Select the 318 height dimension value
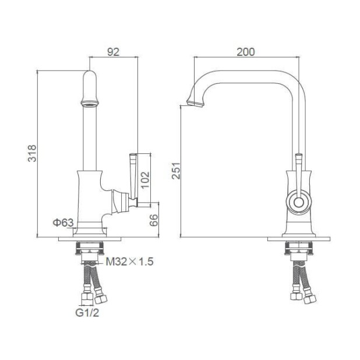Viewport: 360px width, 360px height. (33, 153)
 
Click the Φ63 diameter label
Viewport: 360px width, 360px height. (63, 223)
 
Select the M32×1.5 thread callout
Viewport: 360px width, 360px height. (129, 262)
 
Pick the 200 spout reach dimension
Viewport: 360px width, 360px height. (246, 52)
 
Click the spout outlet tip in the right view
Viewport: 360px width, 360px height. (195, 103)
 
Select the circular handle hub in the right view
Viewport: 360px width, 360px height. (298, 203)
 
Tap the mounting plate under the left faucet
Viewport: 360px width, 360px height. (90, 239)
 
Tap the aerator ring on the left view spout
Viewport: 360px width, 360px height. (89, 104)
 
